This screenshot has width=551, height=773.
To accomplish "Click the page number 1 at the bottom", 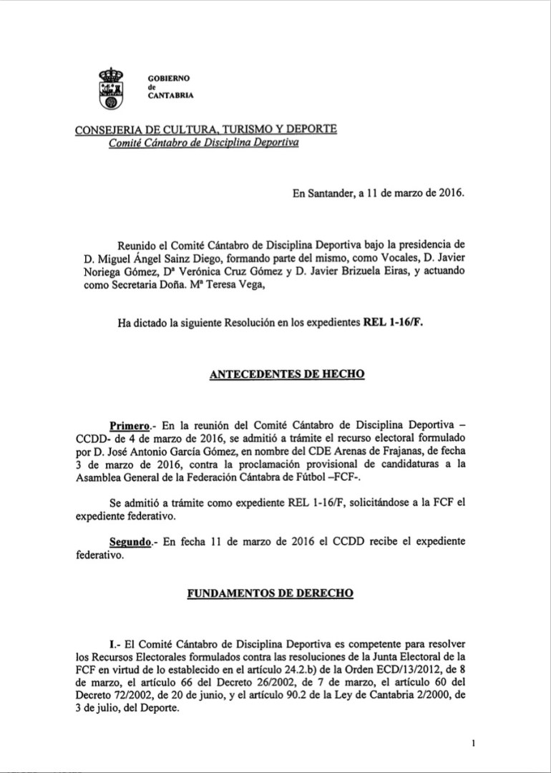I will [x=474, y=744].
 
